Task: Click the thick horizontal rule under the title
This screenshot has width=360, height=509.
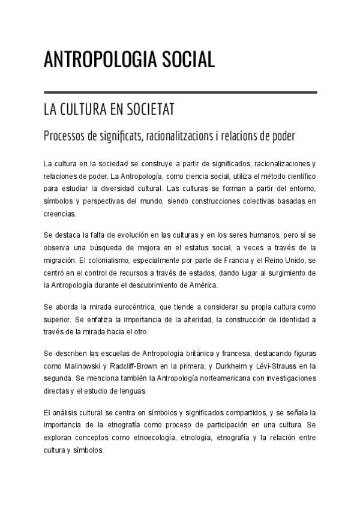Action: pos(180,92)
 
